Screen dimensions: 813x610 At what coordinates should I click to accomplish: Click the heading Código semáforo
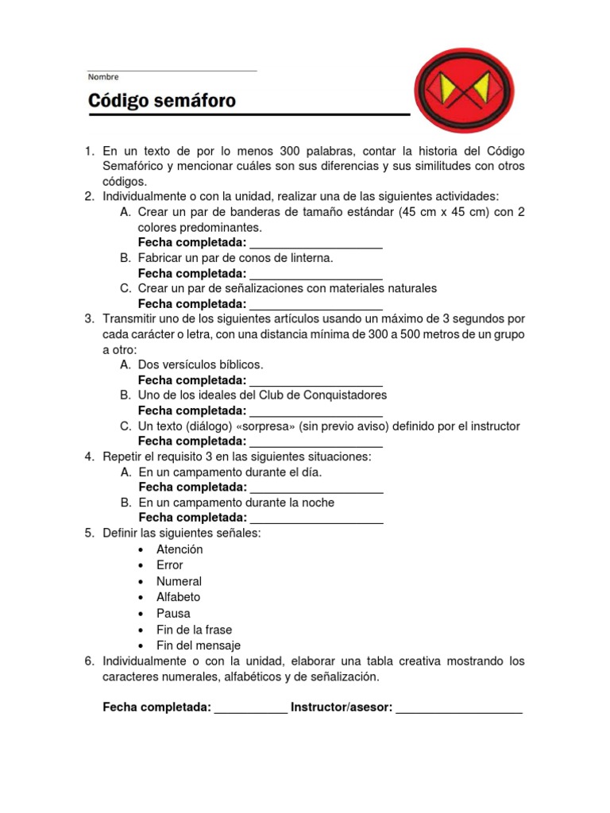coord(161,102)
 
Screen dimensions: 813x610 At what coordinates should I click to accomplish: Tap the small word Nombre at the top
coord(103,77)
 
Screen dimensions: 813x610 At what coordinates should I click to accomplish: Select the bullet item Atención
coord(180,549)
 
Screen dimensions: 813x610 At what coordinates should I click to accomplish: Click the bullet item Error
coord(169,565)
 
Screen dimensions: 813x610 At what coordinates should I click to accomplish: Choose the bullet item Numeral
coord(179,581)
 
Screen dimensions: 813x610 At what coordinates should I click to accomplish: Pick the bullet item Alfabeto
coord(178,597)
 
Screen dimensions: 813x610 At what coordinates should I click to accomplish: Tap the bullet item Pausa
coord(173,614)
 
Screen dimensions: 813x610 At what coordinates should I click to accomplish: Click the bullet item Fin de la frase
coord(194,630)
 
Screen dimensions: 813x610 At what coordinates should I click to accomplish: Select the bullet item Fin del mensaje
coord(198,645)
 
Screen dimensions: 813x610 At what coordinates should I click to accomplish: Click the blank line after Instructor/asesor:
coord(459,709)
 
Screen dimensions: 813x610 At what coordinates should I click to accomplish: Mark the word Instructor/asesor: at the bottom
coord(342,707)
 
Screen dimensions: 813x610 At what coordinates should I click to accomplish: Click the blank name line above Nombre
coord(172,70)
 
